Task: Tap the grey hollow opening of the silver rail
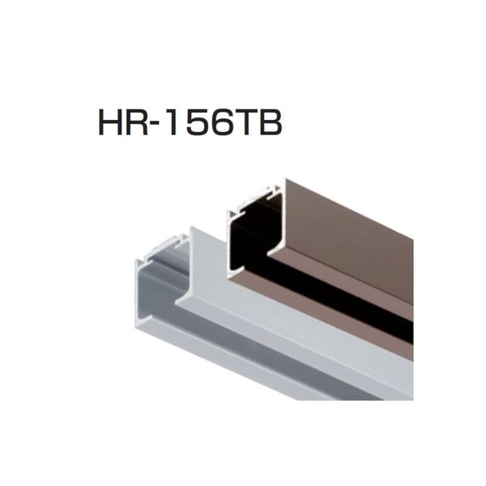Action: (x=161, y=279)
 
